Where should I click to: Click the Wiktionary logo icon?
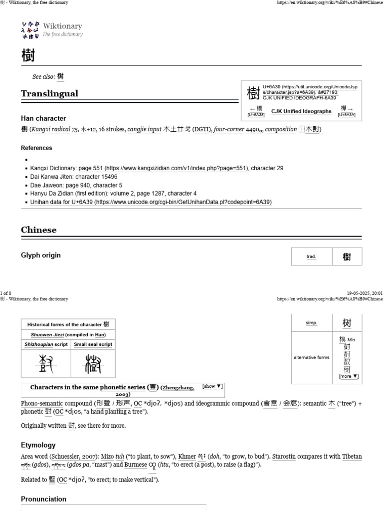tap(30, 30)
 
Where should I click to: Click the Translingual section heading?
tap(49, 94)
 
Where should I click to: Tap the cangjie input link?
tap(144, 129)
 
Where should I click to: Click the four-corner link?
tap(229, 129)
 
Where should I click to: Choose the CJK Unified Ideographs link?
tap(301, 111)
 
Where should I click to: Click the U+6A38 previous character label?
tap(256, 115)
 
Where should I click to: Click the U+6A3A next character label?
tap(347, 115)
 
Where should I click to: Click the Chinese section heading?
tap(38, 230)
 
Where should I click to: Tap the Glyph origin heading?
tap(41, 255)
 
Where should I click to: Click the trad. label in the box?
tap(311, 256)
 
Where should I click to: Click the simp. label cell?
tap(311, 323)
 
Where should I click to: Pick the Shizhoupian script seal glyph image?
tap(46, 363)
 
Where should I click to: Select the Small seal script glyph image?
tap(93, 363)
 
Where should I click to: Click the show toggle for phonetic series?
tap(212, 386)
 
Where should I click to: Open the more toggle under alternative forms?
tap(349, 376)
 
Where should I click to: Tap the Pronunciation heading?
tap(43, 499)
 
